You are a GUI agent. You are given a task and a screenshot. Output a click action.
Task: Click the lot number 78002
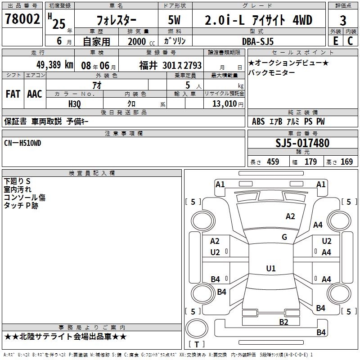coord(22,19)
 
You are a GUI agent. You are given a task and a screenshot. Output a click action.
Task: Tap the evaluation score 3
coord(343,21)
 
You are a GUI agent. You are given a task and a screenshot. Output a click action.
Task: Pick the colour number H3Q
coord(75,103)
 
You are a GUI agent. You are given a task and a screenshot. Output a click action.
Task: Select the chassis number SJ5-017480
coord(302,144)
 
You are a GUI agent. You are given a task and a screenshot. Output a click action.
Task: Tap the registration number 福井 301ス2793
coord(171,65)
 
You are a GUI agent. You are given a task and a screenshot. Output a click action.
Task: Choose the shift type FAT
coord(13,94)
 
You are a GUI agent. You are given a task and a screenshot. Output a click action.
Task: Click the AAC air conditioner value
coord(35,94)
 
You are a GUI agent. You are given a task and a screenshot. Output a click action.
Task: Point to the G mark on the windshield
coord(284,237)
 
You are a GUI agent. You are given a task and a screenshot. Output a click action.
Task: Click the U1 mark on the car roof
coord(270,269)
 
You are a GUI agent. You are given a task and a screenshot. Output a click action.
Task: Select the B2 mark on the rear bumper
coord(283,321)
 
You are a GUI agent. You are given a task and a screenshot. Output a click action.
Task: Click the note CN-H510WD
coord(22,143)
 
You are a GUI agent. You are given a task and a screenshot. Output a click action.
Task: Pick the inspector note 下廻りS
coord(17,181)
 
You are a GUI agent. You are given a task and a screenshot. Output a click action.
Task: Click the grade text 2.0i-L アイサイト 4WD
coord(258,20)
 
